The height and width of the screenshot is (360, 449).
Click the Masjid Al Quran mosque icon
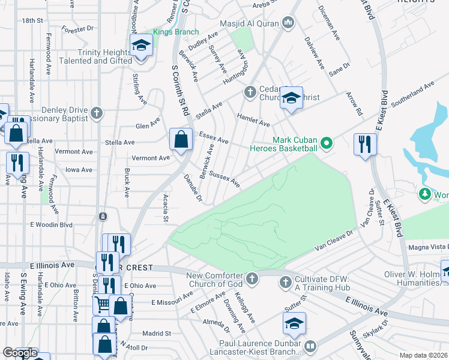(289, 23)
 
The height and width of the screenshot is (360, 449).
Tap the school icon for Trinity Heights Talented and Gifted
(141, 46)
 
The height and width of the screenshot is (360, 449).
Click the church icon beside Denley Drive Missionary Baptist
(96, 113)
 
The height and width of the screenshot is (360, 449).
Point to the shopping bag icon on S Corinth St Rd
(181, 139)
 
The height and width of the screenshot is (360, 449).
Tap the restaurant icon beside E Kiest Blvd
(365, 144)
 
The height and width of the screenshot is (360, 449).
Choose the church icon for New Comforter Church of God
(252, 279)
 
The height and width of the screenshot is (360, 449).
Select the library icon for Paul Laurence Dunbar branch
(310, 346)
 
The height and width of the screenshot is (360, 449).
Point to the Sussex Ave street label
(224, 180)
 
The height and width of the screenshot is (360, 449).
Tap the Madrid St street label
(157, 333)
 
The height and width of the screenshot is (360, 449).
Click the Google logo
(20, 353)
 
